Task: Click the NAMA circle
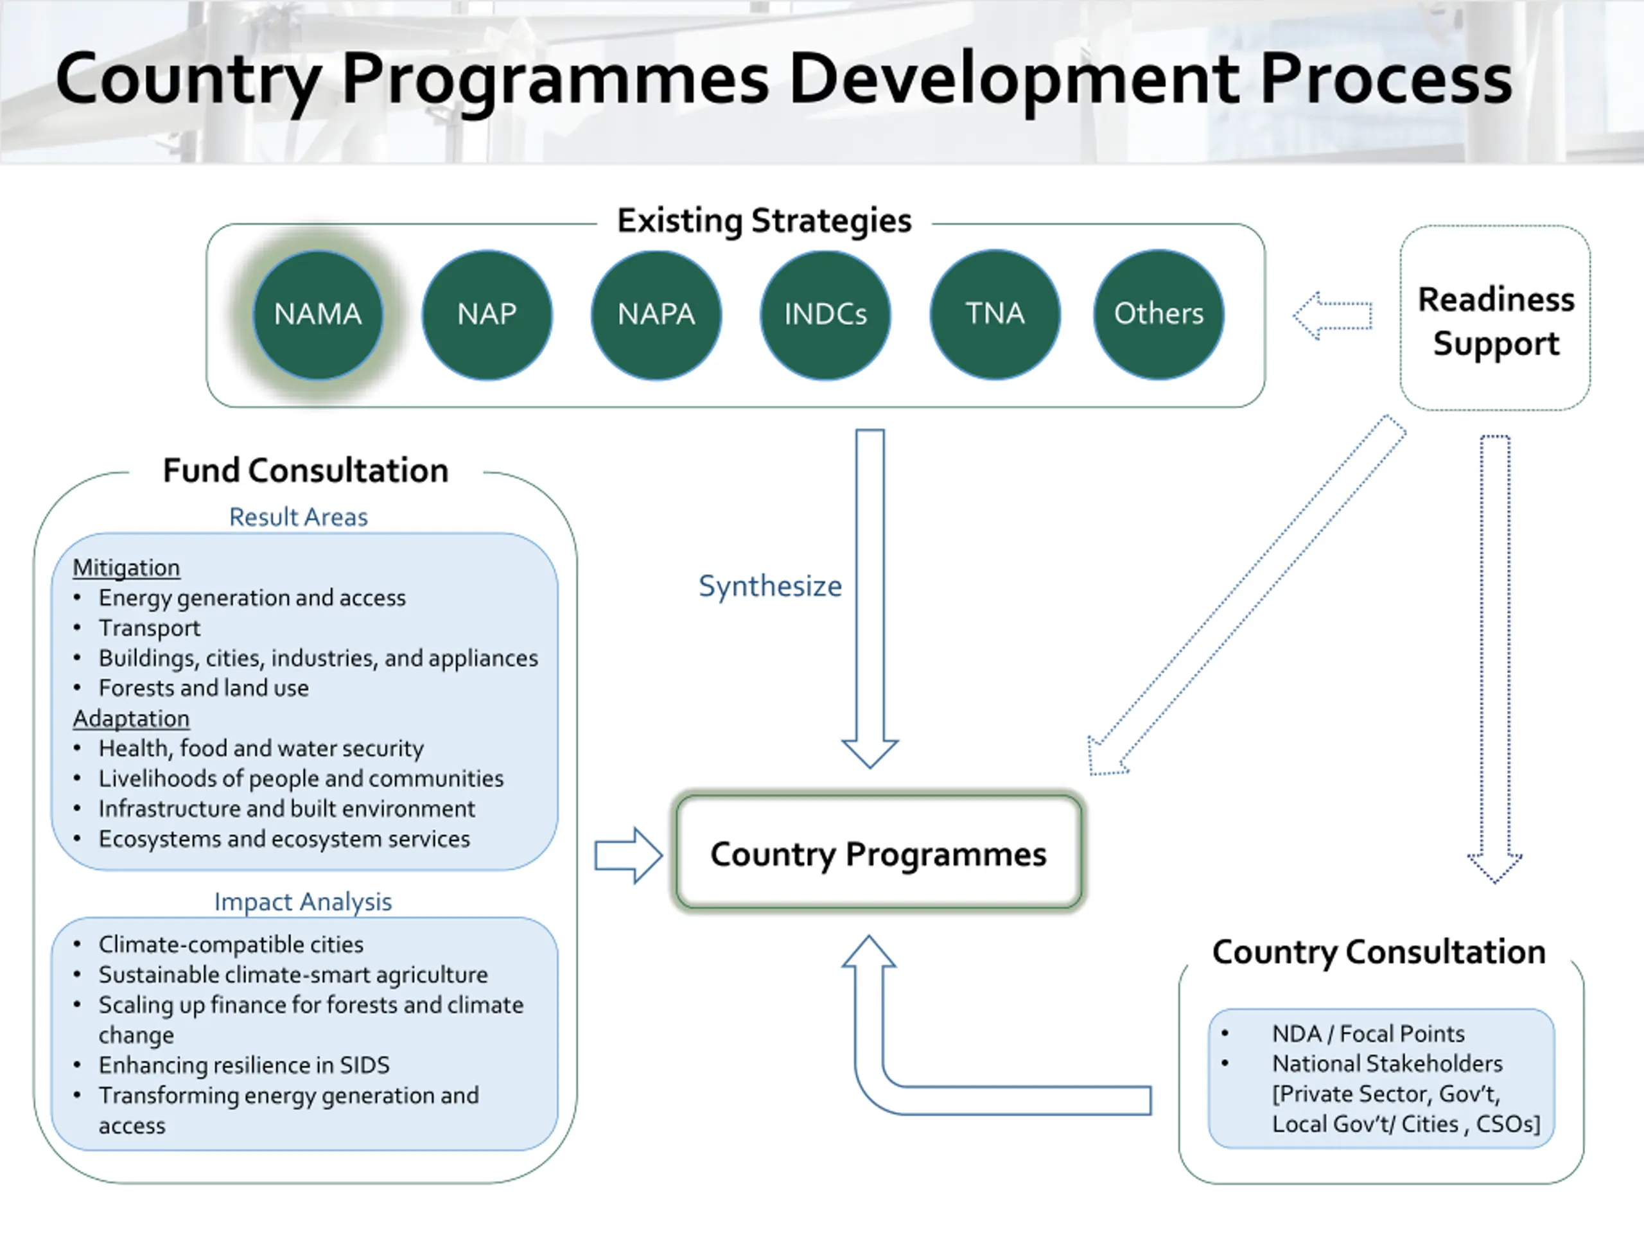(x=318, y=315)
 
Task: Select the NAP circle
(x=487, y=315)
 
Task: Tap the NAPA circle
(x=656, y=315)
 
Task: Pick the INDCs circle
(x=825, y=315)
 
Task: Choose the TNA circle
(x=995, y=315)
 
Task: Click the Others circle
(x=1159, y=315)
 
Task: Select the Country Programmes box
(x=879, y=853)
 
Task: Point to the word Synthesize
(x=770, y=586)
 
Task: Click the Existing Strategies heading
(x=764, y=221)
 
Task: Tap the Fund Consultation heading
(x=306, y=471)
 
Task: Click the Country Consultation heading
(x=1379, y=952)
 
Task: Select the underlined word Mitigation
(x=127, y=568)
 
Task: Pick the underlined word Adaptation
(x=131, y=719)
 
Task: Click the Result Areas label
(x=298, y=517)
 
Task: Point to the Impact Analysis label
(x=302, y=902)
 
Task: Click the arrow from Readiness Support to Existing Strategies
(x=1333, y=316)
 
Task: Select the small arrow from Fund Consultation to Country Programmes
(x=629, y=855)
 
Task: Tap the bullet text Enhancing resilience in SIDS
(x=244, y=1065)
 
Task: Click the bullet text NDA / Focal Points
(x=1367, y=1034)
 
